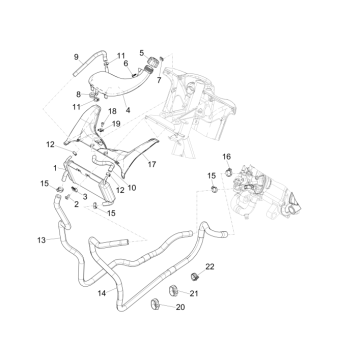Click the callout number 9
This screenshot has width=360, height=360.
(x=76, y=57)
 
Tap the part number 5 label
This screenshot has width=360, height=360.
(x=142, y=52)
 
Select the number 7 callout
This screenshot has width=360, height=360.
(x=158, y=79)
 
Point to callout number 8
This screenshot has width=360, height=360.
(x=77, y=94)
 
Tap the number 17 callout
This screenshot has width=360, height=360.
(x=152, y=161)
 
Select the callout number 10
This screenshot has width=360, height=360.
(x=133, y=187)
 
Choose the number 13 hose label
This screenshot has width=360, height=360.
(x=40, y=240)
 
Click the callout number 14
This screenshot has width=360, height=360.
(x=101, y=294)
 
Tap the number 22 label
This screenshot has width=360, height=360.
(x=210, y=268)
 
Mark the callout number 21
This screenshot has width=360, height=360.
(x=194, y=291)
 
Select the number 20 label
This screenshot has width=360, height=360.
(x=180, y=308)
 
